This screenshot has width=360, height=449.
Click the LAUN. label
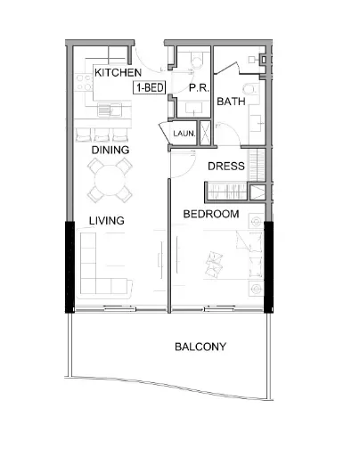click(184, 134)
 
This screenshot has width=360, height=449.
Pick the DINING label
click(110, 151)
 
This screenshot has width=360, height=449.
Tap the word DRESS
click(225, 166)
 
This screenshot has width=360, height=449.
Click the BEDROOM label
click(211, 215)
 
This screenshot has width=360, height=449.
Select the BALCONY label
click(200, 347)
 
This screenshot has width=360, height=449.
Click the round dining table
click(111, 184)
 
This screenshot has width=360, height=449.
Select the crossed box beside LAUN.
click(206, 133)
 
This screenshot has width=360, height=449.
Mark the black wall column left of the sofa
click(65, 265)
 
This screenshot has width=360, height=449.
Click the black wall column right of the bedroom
click(267, 265)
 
